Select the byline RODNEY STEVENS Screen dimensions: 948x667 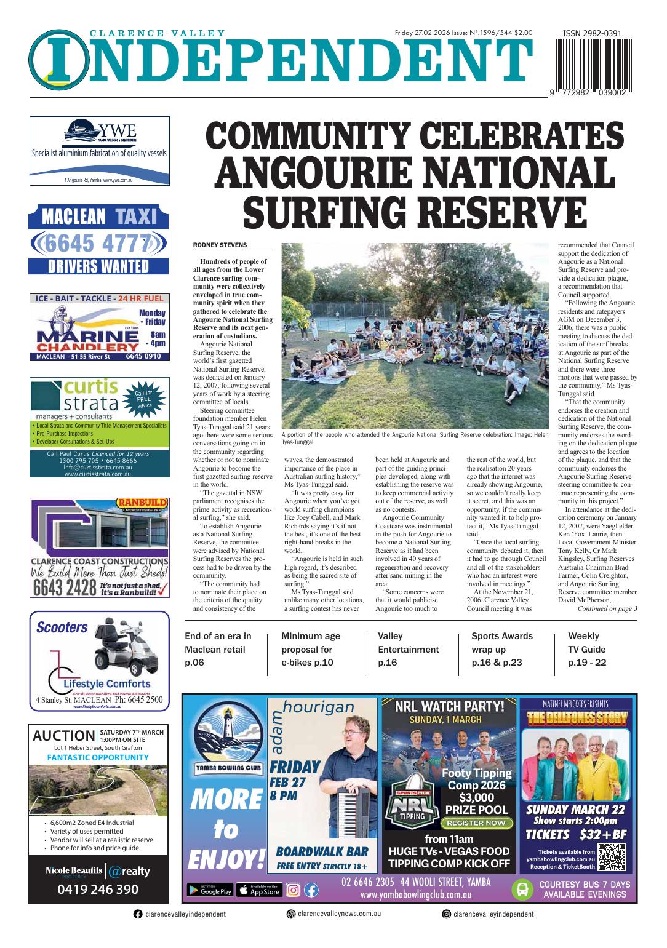coord(220,245)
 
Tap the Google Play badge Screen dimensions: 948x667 coord(209,890)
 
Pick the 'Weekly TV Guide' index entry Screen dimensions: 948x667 coord(587,649)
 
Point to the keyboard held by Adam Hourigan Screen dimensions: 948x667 coord(355,803)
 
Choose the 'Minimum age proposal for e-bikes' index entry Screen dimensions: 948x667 coord(311,649)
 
